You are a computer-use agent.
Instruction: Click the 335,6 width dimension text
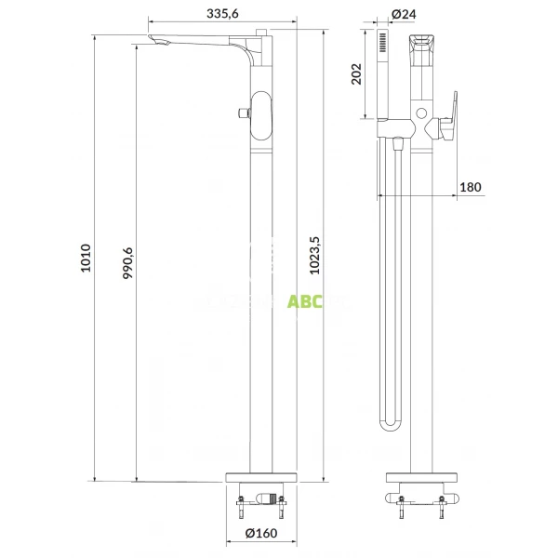pyautogui.click(x=223, y=13)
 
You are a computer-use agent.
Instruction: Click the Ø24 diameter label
pyautogui.click(x=403, y=14)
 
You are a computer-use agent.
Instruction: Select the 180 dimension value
pyautogui.click(x=471, y=187)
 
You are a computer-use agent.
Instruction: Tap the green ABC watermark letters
pyautogui.click(x=303, y=301)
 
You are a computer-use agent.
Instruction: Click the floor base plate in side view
pyautogui.click(x=260, y=477)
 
